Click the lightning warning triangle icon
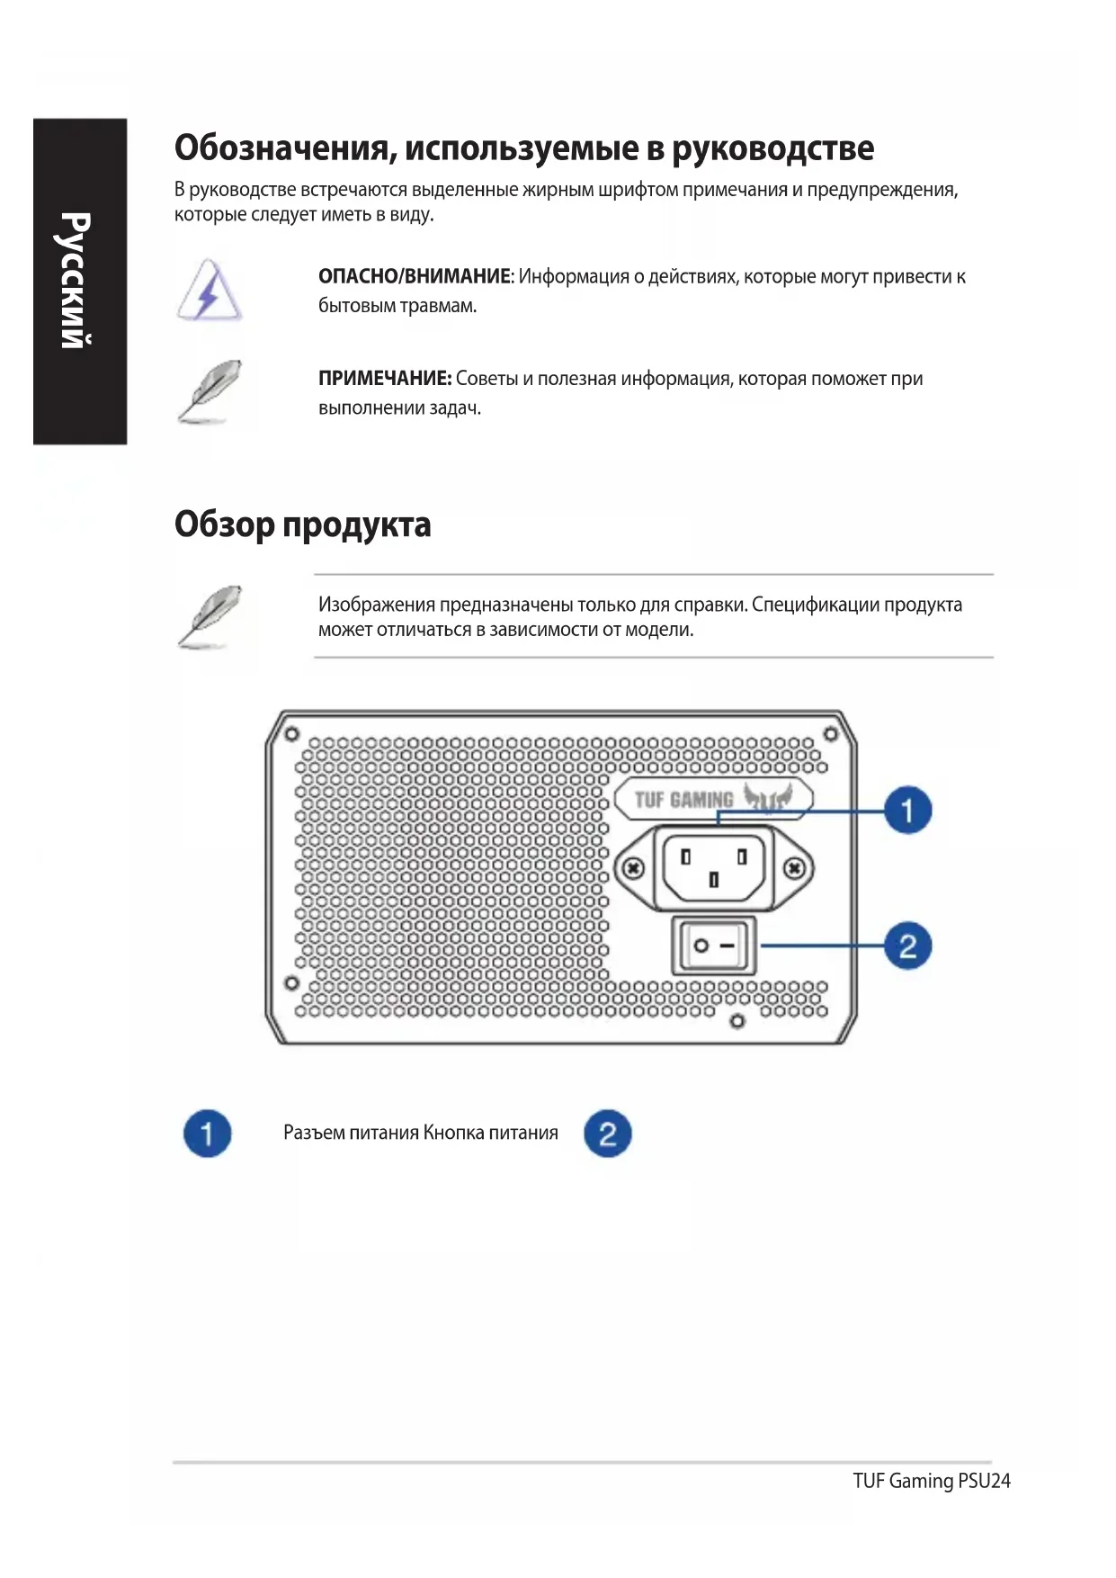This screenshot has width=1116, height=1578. point(209,291)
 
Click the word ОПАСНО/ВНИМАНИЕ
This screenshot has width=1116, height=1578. point(414,277)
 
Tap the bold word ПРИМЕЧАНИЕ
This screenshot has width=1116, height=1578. point(384,379)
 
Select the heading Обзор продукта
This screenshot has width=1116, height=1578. point(302,525)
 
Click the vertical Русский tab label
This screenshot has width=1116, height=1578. point(76,280)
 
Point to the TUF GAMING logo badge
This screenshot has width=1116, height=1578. point(713,798)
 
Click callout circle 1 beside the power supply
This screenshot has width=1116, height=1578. point(906,810)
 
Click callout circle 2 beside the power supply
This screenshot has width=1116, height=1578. point(906,946)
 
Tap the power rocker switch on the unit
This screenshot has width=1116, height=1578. point(714,946)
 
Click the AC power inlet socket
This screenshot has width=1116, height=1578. point(714,867)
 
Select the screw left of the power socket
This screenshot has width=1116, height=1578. point(634,868)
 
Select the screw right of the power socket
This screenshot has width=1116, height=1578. point(794,868)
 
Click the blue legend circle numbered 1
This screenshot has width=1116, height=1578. point(207,1133)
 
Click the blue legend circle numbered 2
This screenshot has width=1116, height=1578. point(607,1133)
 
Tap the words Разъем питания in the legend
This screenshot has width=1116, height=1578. point(351,1133)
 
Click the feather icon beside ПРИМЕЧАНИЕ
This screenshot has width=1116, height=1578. point(209,390)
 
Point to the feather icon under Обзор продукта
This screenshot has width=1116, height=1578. point(209,616)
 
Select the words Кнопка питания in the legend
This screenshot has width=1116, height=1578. point(491,1133)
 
